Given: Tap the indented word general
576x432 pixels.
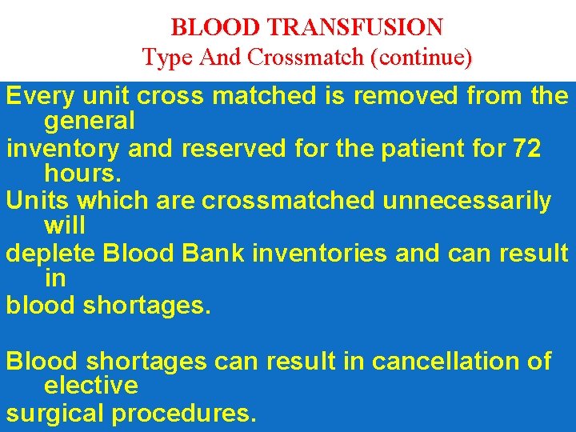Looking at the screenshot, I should click(90, 122).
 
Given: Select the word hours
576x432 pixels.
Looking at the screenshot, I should click(78, 174).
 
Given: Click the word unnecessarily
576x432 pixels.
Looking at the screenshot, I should click(466, 201).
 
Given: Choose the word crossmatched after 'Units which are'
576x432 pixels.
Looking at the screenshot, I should click(287, 201).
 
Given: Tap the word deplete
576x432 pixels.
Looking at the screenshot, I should click(50, 254).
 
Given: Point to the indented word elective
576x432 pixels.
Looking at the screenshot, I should click(91, 386).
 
